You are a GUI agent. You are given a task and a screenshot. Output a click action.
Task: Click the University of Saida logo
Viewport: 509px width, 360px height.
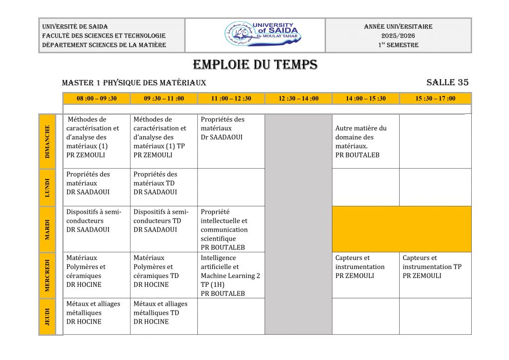255,35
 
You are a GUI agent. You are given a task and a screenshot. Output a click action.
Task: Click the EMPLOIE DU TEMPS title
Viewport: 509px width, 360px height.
255,65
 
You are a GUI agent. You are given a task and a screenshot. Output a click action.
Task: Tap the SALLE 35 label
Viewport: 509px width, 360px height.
447,83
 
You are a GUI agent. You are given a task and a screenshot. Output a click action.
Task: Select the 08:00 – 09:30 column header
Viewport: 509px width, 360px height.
96,98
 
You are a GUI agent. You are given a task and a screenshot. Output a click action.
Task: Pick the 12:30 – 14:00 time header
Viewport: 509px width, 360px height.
298,98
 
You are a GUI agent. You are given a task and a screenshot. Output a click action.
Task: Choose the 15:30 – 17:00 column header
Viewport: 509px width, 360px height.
435,98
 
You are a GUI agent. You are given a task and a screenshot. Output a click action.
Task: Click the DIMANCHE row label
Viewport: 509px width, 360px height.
48,141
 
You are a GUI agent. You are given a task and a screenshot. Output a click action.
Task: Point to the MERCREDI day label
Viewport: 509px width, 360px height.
48,275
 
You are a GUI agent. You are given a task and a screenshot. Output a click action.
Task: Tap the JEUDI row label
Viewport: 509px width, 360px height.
48,317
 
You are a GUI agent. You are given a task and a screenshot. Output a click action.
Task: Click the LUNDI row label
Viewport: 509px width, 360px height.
48,187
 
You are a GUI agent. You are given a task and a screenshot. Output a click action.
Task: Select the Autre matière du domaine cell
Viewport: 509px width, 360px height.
365,141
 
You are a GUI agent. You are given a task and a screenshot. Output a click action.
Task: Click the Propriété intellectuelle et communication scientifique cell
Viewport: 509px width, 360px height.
231,229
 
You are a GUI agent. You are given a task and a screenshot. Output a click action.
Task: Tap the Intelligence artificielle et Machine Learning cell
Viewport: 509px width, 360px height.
231,275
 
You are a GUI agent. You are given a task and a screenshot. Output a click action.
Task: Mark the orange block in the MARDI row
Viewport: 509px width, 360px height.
402,229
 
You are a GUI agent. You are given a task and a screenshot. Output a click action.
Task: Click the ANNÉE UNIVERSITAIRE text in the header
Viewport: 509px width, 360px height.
398,27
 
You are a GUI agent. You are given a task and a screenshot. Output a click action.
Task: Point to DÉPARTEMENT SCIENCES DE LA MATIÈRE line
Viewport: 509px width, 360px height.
104,45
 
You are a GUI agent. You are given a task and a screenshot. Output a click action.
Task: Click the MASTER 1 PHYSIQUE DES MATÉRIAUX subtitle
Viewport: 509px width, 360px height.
134,83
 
